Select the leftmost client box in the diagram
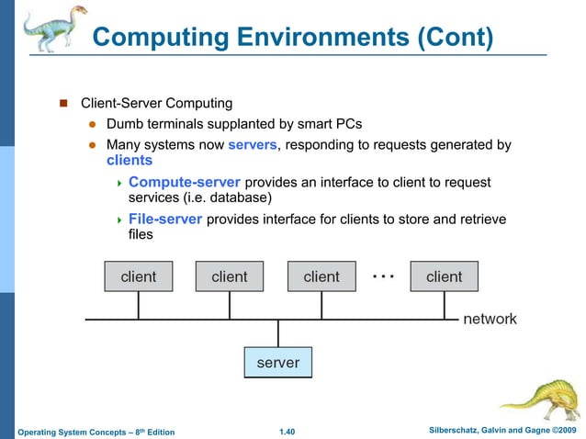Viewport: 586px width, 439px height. (x=138, y=276)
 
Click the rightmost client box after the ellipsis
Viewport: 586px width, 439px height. (x=444, y=276)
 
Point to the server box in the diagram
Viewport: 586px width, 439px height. (x=277, y=363)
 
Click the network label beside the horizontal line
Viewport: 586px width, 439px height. (x=490, y=320)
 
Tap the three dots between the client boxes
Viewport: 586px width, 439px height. (x=383, y=274)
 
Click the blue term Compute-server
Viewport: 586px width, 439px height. (x=185, y=182)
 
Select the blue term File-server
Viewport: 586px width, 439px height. (x=165, y=219)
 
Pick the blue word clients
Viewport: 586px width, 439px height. (x=130, y=161)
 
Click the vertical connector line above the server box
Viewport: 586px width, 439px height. (x=277, y=332)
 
